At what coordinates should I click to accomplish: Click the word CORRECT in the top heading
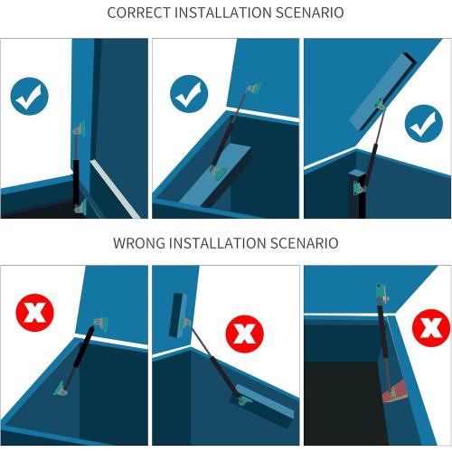point(139,13)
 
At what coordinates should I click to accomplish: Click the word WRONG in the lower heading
point(139,243)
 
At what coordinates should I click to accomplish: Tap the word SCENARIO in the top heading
point(309,13)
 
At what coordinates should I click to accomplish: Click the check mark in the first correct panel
point(29,96)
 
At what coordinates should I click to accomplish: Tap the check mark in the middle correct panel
point(189,94)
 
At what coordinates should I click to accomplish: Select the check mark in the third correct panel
point(424,124)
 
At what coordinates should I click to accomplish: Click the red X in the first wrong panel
point(34,313)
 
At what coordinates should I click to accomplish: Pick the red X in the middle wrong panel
point(245,334)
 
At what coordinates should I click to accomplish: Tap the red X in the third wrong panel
point(431,328)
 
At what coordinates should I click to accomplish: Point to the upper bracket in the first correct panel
point(79,128)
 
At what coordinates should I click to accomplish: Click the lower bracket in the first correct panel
point(80,207)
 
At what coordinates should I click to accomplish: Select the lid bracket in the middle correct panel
point(253,89)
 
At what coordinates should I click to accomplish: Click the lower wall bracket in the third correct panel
point(359,189)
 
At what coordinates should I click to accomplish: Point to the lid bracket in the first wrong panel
point(101,325)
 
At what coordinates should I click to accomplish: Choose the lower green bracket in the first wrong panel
point(61,389)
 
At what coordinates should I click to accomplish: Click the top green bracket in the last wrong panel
point(382,291)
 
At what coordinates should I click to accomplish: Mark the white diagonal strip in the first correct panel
point(115,189)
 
